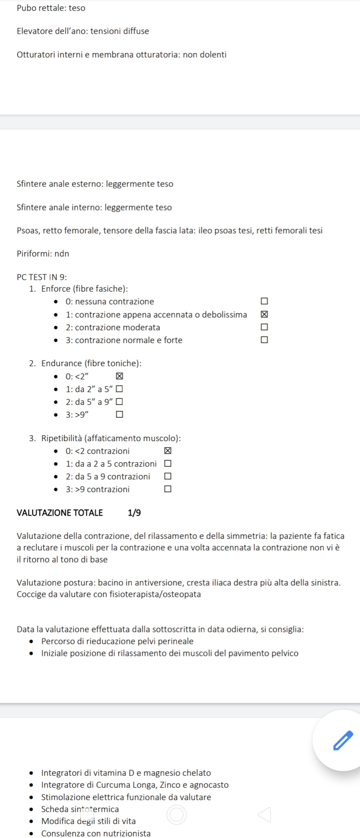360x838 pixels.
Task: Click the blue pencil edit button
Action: (x=343, y=740)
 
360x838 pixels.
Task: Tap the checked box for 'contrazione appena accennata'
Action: (x=264, y=314)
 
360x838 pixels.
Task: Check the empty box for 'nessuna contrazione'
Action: (x=264, y=301)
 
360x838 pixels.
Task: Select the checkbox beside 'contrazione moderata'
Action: (x=264, y=327)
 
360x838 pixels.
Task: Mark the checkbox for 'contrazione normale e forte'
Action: (x=264, y=340)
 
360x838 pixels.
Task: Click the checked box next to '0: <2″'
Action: (x=119, y=376)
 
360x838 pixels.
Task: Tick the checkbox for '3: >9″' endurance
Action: (x=119, y=414)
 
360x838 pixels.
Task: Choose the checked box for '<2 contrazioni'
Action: (x=168, y=451)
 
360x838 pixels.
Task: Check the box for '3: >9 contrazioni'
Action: (x=168, y=489)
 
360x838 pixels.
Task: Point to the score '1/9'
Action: (x=134, y=513)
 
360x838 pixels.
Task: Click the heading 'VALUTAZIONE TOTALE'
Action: (x=60, y=513)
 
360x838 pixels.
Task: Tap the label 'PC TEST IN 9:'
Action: (x=42, y=277)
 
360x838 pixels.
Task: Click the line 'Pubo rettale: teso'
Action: (x=51, y=8)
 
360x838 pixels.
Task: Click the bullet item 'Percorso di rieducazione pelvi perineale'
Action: (x=117, y=641)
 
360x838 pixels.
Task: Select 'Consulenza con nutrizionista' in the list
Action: (x=96, y=833)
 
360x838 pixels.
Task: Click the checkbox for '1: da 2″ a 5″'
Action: (x=119, y=389)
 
